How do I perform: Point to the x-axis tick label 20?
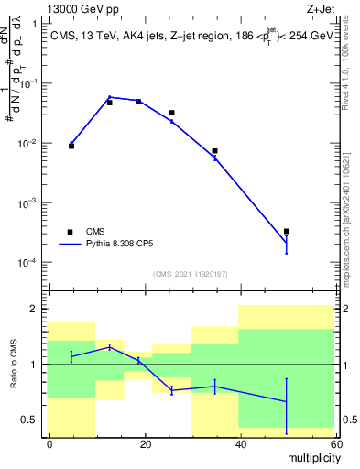tap(144, 443)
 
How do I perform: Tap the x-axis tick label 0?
tap(49, 443)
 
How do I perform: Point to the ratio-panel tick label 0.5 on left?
tap(30, 420)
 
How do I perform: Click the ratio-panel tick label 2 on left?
tap(35, 309)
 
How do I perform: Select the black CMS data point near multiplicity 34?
tap(214, 151)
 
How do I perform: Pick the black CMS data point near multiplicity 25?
tap(171, 113)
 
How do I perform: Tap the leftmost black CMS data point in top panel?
tap(71, 146)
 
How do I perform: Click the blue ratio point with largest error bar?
tap(287, 402)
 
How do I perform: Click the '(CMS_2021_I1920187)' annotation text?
tap(190, 274)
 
